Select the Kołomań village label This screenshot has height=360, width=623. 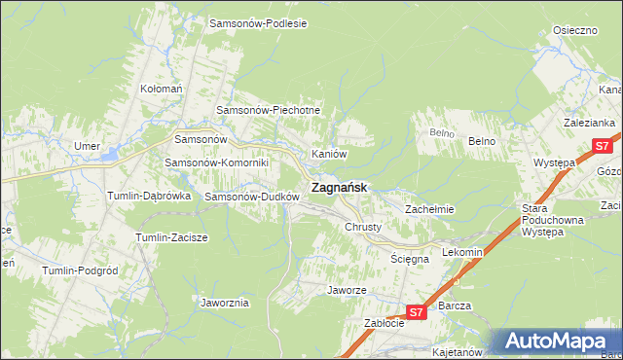(x=162, y=89)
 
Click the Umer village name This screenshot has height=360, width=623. (x=88, y=146)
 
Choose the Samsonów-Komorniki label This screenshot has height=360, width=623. (x=209, y=162)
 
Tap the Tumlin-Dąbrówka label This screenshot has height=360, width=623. (x=148, y=196)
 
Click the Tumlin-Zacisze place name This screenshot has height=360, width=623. (x=176, y=237)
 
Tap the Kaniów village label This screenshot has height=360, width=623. (x=329, y=154)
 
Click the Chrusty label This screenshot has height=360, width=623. (x=363, y=227)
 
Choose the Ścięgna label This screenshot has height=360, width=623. (x=409, y=259)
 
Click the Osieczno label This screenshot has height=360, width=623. (x=574, y=30)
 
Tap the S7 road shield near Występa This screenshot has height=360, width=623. (x=602, y=147)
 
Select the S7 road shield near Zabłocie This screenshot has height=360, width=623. (x=416, y=312)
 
